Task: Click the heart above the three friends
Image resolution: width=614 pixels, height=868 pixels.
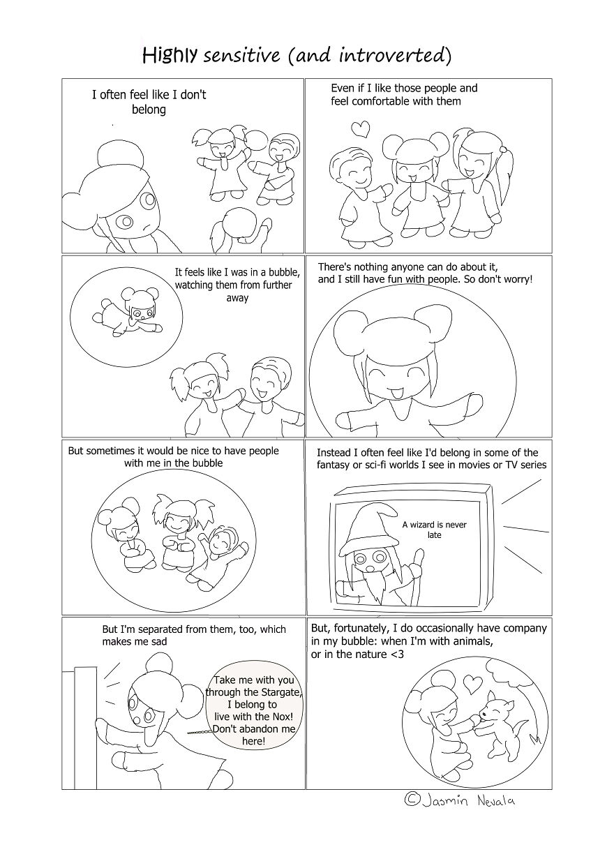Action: click(x=360, y=128)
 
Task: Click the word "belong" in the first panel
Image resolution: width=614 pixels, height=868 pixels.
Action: click(x=149, y=110)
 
